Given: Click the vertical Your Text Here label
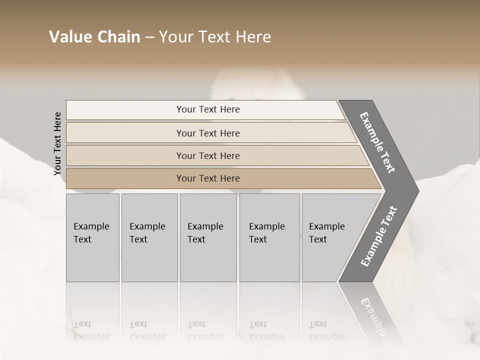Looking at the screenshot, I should pos(57,143).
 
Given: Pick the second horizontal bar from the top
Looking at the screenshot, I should pos(207,133).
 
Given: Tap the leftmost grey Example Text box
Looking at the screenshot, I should pos(92,237).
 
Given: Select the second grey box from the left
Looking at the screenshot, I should pos(149,237).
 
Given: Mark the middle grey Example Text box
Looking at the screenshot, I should pos(208,237).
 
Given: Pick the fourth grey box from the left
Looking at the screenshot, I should pos(269,237).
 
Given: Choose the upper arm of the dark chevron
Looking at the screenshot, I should pos(378,142).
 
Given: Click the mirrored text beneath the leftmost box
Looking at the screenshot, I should pos(91,330).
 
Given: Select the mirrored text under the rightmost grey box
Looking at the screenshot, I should pos(326,330).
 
